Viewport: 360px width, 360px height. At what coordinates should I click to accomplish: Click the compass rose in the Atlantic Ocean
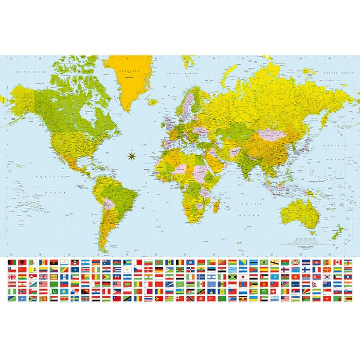coord(130,154)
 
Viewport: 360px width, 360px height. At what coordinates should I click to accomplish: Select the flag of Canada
coord(337,262)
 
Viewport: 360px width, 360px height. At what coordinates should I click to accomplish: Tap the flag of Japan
coord(243,277)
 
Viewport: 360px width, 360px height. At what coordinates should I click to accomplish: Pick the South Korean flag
coord(327,277)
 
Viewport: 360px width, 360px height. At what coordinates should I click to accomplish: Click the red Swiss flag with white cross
coord(273,291)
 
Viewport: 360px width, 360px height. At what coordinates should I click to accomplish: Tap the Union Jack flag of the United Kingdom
coord(43,277)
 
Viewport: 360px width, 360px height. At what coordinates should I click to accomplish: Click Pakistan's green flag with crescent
coord(55,291)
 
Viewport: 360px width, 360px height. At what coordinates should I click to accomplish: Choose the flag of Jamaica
coord(232,277)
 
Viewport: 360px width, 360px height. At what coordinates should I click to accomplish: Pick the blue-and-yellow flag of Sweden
coord(75,298)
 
